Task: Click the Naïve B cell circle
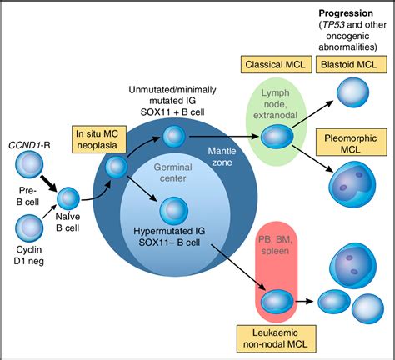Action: pos(67,197)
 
